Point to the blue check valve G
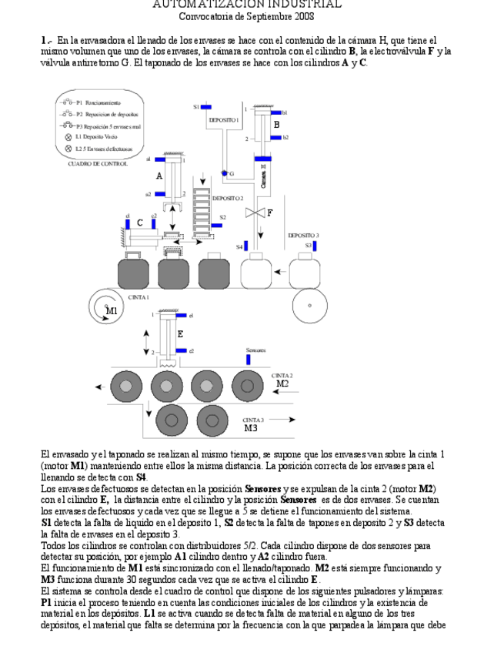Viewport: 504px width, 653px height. click(x=224, y=173)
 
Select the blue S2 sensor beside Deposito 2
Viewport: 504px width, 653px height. click(x=216, y=226)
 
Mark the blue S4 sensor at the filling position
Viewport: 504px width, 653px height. click(x=248, y=246)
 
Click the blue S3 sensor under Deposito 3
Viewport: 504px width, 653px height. click(x=315, y=245)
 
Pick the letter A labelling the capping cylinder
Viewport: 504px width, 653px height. click(x=160, y=176)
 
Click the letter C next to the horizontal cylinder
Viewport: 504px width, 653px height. click(x=139, y=223)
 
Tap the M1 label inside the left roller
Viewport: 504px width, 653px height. click(x=112, y=310)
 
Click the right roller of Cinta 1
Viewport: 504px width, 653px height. click(x=310, y=305)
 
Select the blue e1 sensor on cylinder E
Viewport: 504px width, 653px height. click(x=182, y=315)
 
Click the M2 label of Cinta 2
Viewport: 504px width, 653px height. click(x=282, y=383)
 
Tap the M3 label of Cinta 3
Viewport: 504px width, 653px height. click(x=252, y=428)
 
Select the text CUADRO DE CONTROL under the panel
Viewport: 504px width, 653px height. click(x=98, y=163)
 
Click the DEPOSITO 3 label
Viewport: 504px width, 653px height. click(x=303, y=235)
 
